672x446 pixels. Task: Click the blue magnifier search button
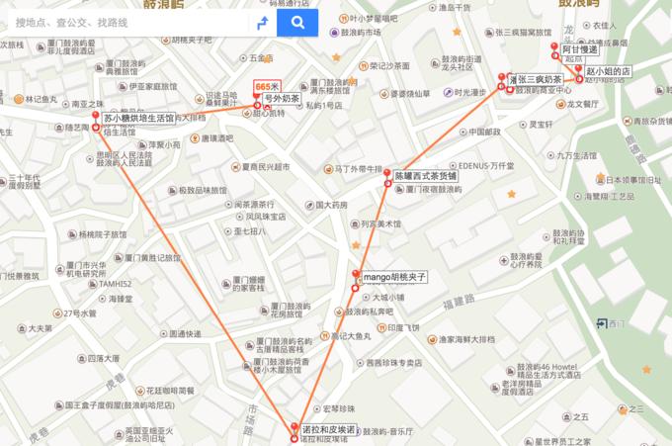(297, 22)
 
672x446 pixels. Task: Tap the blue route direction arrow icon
(262, 22)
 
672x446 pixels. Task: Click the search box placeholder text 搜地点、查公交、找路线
(72, 22)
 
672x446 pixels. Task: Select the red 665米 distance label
(267, 87)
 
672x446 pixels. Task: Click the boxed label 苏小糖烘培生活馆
(139, 118)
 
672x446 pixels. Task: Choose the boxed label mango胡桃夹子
(394, 278)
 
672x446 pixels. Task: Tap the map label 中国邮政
(485, 131)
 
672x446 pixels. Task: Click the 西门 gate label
(617, 323)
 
